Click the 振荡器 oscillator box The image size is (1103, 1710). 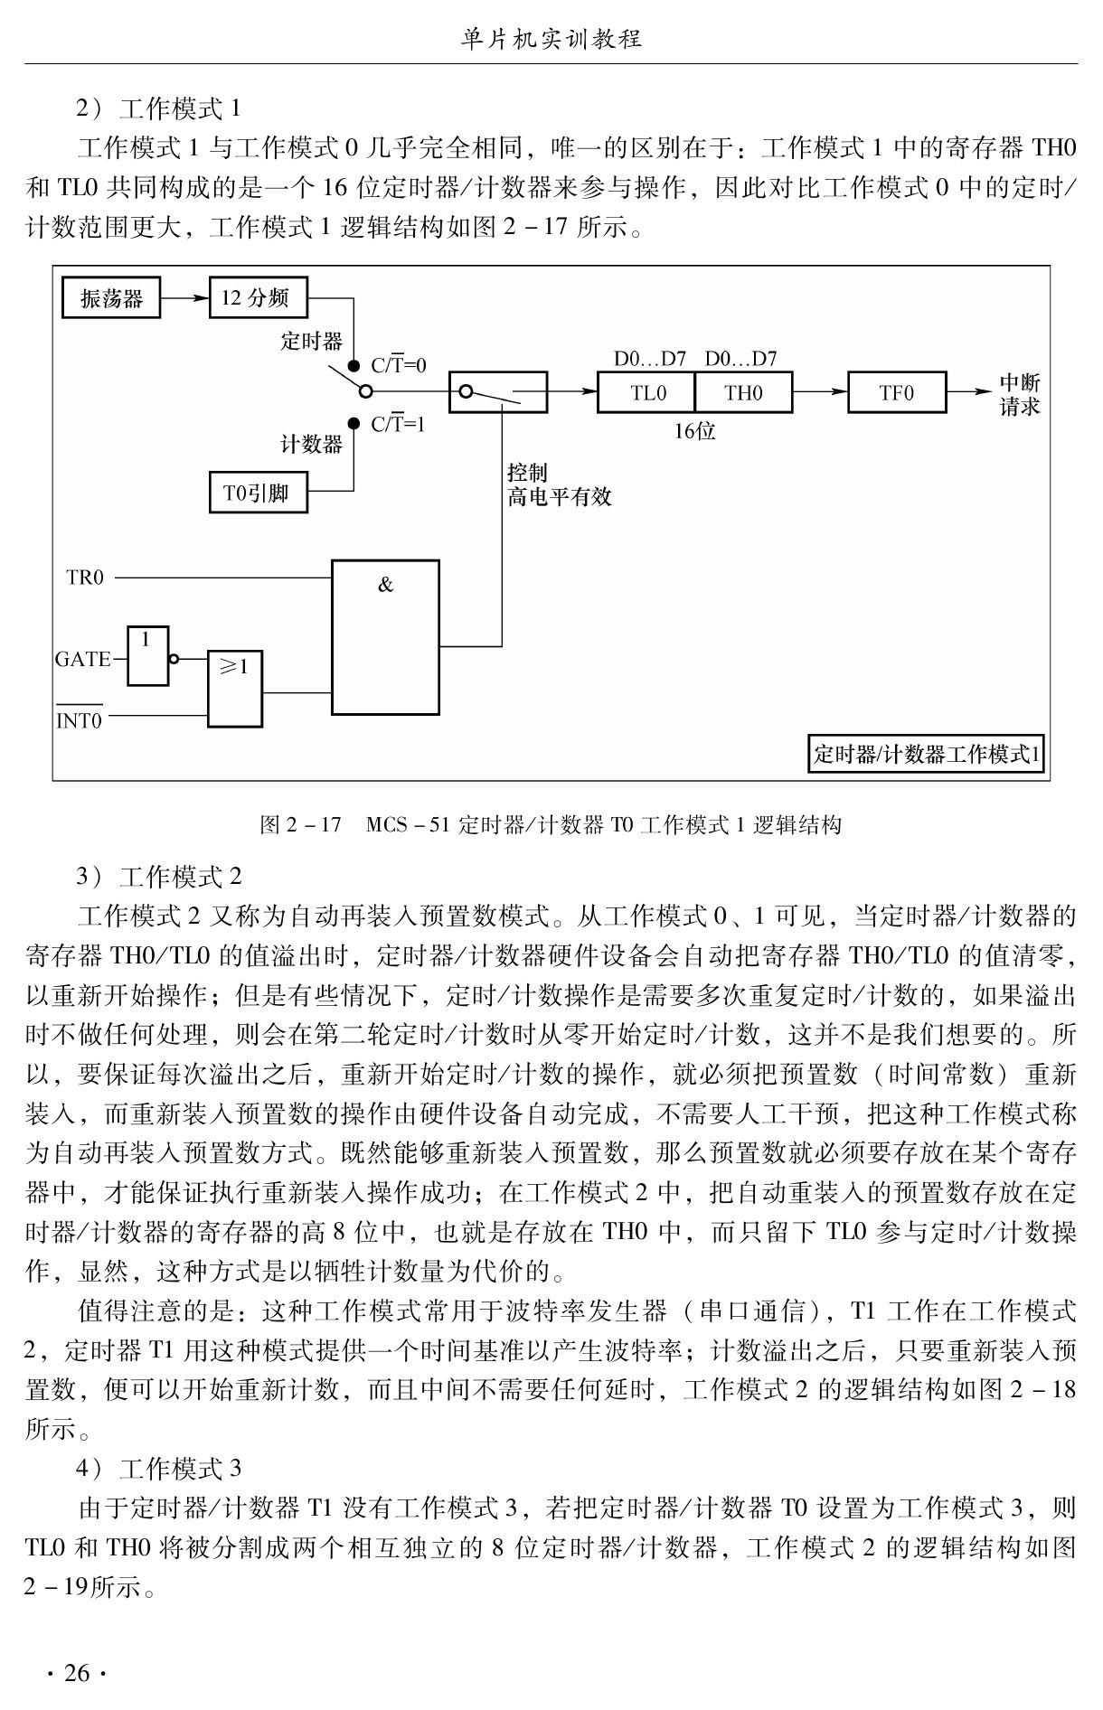click(111, 297)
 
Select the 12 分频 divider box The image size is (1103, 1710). click(259, 297)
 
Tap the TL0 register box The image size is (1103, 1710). click(646, 392)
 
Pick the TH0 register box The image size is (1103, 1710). click(743, 392)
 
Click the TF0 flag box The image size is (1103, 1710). click(897, 392)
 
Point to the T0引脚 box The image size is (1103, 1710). click(259, 493)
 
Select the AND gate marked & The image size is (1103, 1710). click(386, 637)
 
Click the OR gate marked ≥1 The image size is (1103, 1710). click(236, 689)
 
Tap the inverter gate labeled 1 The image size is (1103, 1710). click(148, 655)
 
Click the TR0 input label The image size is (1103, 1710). click(85, 578)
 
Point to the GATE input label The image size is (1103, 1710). click(82, 659)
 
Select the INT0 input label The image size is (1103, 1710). click(80, 717)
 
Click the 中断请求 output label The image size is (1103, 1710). click(1021, 394)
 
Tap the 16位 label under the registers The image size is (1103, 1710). click(694, 431)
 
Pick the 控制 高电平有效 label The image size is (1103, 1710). click(560, 484)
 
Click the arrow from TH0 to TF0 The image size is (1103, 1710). click(820, 392)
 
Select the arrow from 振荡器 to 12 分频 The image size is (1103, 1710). click(185, 297)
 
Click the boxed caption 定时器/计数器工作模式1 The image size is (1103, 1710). click(926, 754)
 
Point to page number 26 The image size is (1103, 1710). click(77, 1673)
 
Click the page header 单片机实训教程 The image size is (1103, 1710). click(551, 38)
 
